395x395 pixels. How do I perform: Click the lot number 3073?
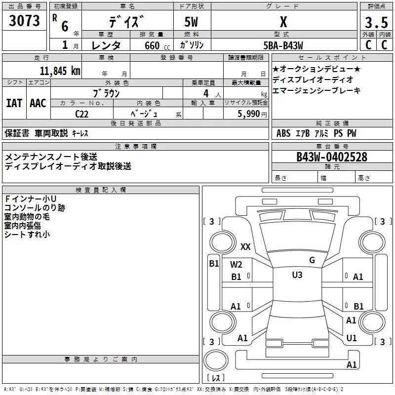tap(24, 21)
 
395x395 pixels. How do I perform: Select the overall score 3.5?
tap(376, 23)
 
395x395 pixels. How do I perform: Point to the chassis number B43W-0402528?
tap(332, 157)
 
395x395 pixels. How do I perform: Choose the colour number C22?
tap(82, 114)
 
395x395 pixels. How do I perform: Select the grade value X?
tap(283, 22)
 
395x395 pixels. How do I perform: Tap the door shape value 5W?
tap(192, 22)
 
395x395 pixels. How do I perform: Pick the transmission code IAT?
tap(14, 103)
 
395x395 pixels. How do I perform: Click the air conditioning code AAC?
tap(38, 103)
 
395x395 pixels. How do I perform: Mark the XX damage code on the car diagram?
tap(245, 247)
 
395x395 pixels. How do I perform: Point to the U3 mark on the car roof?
tap(297, 275)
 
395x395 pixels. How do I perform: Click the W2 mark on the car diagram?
tap(236, 265)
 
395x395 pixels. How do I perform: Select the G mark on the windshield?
tap(312, 260)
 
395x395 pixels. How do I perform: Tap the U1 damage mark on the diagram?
tap(352, 338)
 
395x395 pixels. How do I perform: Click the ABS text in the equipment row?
tap(283, 133)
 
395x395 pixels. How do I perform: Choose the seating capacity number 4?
tap(205, 93)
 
